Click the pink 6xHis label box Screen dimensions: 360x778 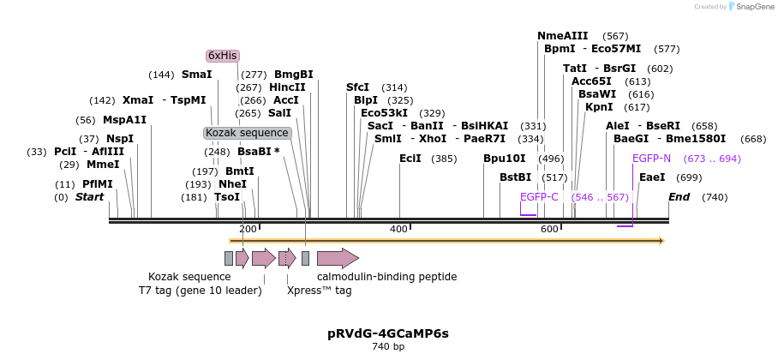[x=223, y=56]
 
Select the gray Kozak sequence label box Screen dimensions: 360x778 [x=248, y=133]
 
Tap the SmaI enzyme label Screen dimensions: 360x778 [x=196, y=75]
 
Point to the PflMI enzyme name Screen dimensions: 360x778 [x=97, y=184]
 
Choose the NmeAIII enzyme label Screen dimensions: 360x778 [x=562, y=36]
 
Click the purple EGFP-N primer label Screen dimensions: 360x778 [x=651, y=159]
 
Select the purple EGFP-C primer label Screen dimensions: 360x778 [x=539, y=197]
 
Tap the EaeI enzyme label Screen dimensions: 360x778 [x=652, y=177]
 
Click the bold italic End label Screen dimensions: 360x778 [x=679, y=197]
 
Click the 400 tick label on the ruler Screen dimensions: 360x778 [x=398, y=229]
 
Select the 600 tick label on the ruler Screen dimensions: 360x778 [x=549, y=229]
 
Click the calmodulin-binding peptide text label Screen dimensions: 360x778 [x=386, y=277]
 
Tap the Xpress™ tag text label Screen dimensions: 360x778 [x=319, y=291]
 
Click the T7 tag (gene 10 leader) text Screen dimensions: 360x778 [x=200, y=291]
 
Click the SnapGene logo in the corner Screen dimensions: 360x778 [x=749, y=7]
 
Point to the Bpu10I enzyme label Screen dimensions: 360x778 [x=504, y=159]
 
